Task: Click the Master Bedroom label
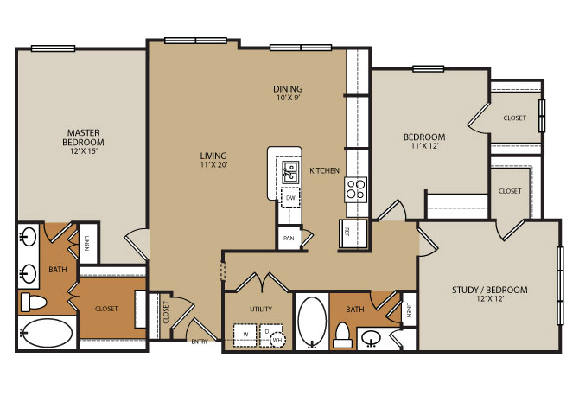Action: click(x=83, y=137)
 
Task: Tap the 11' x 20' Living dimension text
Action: click(x=213, y=165)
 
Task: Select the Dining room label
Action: click(x=288, y=89)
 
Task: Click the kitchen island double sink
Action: click(x=290, y=172)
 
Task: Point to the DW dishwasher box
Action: click(x=290, y=198)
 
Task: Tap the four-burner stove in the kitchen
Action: click(x=355, y=189)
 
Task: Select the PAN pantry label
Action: click(x=289, y=239)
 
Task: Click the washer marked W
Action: click(x=245, y=335)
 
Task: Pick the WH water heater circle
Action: click(x=277, y=340)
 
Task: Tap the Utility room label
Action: click(x=261, y=309)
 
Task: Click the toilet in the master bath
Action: click(x=33, y=302)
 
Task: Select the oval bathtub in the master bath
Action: click(x=46, y=333)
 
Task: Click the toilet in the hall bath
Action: click(x=343, y=336)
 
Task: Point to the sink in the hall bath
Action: click(x=372, y=338)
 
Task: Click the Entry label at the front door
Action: click(x=200, y=342)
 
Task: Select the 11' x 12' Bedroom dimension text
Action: click(x=424, y=146)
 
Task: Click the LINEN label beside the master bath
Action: click(x=86, y=243)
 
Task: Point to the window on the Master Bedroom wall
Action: click(x=54, y=48)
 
